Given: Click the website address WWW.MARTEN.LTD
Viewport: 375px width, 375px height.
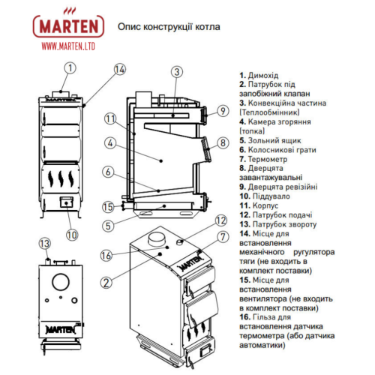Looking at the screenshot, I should pos(70,46).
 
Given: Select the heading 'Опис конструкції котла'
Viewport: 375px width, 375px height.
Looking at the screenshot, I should pos(169,27).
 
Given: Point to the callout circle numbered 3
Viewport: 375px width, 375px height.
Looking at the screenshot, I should pos(176,72).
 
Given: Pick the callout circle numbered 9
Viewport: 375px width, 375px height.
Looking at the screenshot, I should pos(222,111).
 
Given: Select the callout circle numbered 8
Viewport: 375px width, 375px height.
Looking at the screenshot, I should pos(222,142).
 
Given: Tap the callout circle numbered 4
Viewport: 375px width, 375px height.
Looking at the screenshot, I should pos(109,142).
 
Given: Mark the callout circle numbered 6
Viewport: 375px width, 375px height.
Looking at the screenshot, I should pos(109,172).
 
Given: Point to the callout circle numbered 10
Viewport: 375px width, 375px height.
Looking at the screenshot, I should pos(71,234).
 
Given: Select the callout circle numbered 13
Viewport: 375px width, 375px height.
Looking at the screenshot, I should pos(45,243).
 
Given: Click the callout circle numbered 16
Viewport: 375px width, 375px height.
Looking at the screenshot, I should pos(106,256).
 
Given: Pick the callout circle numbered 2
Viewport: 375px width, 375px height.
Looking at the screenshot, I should pos(107,282).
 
